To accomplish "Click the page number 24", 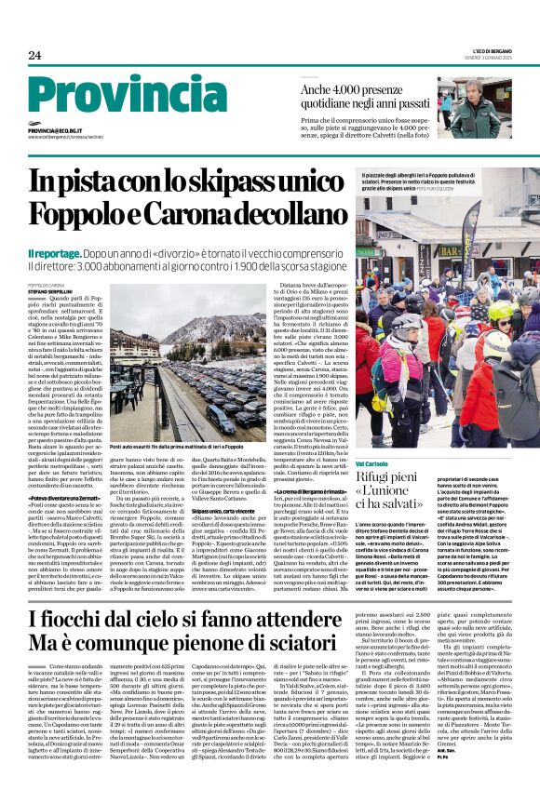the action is (x=34, y=56).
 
